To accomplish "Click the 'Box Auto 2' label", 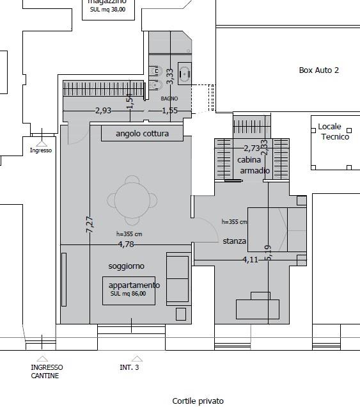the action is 319,70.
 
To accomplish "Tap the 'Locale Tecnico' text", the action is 333,132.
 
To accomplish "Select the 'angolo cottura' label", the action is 142,134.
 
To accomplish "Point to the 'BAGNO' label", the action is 169,99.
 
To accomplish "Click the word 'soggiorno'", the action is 127,266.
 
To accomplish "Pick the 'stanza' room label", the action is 235,241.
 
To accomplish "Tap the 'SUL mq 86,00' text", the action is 128,294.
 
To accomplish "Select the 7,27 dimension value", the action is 90,225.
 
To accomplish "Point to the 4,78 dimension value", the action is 126,244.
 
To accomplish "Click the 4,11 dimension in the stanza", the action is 250,260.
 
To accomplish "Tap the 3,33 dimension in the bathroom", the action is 169,76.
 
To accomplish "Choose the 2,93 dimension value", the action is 103,111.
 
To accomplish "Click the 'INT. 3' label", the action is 129,367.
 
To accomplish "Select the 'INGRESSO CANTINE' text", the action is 47,371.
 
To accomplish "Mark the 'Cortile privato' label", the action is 198,401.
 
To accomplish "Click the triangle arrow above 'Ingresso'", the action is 42,143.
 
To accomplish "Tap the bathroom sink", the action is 185,74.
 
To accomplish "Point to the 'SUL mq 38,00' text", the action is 107,10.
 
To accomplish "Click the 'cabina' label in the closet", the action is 249,159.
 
